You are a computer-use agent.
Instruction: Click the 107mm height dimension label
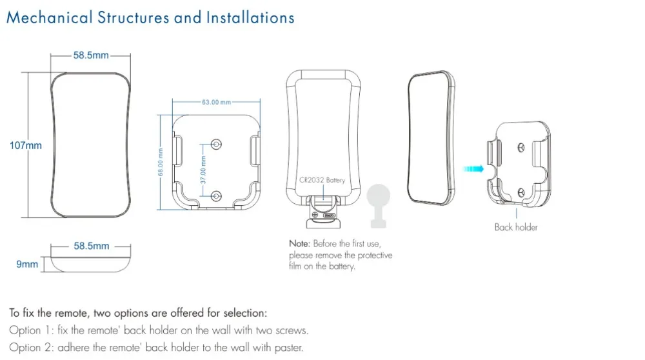click(26, 146)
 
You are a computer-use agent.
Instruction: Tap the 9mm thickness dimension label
click(27, 264)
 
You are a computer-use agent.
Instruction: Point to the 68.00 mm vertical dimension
click(161, 161)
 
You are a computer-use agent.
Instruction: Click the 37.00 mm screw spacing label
click(203, 168)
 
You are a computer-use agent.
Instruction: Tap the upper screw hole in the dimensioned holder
click(216, 143)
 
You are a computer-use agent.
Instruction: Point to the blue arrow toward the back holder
click(473, 169)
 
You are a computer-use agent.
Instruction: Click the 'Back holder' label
click(515, 227)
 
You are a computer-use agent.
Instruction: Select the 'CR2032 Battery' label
click(322, 181)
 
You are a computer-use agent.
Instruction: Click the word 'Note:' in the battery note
click(299, 244)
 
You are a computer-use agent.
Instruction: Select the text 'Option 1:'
click(31, 330)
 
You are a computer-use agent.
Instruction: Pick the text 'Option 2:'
click(32, 348)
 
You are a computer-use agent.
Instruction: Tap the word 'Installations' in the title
click(250, 17)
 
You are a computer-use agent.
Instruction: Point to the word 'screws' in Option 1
click(291, 330)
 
